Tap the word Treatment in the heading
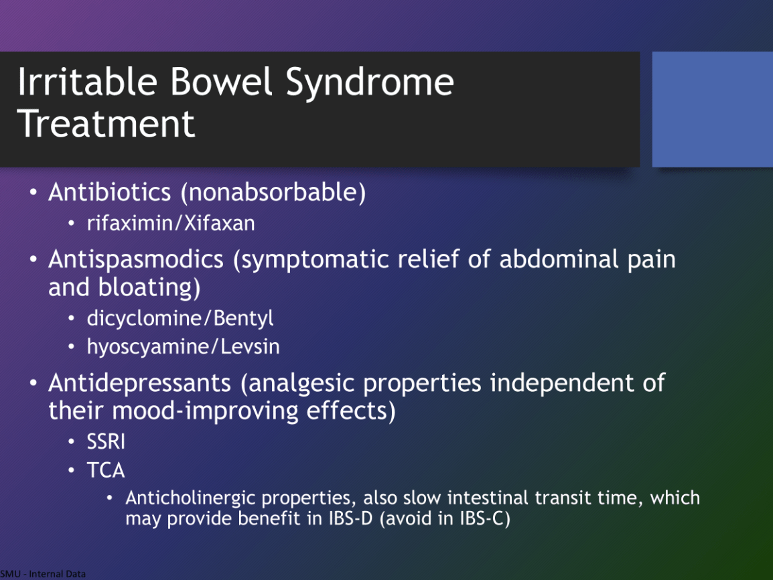(106, 123)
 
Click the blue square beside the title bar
(712, 109)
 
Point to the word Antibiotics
(109, 192)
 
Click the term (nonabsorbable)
(273, 192)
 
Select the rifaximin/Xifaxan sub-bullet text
(171, 223)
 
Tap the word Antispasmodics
(135, 260)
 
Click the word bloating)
(149, 288)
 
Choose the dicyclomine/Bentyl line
(180, 318)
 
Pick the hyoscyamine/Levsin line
(183, 347)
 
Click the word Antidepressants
(139, 383)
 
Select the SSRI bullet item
(105, 441)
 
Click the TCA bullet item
(105, 470)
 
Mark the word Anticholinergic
(191, 498)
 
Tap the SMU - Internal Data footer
(43, 574)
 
